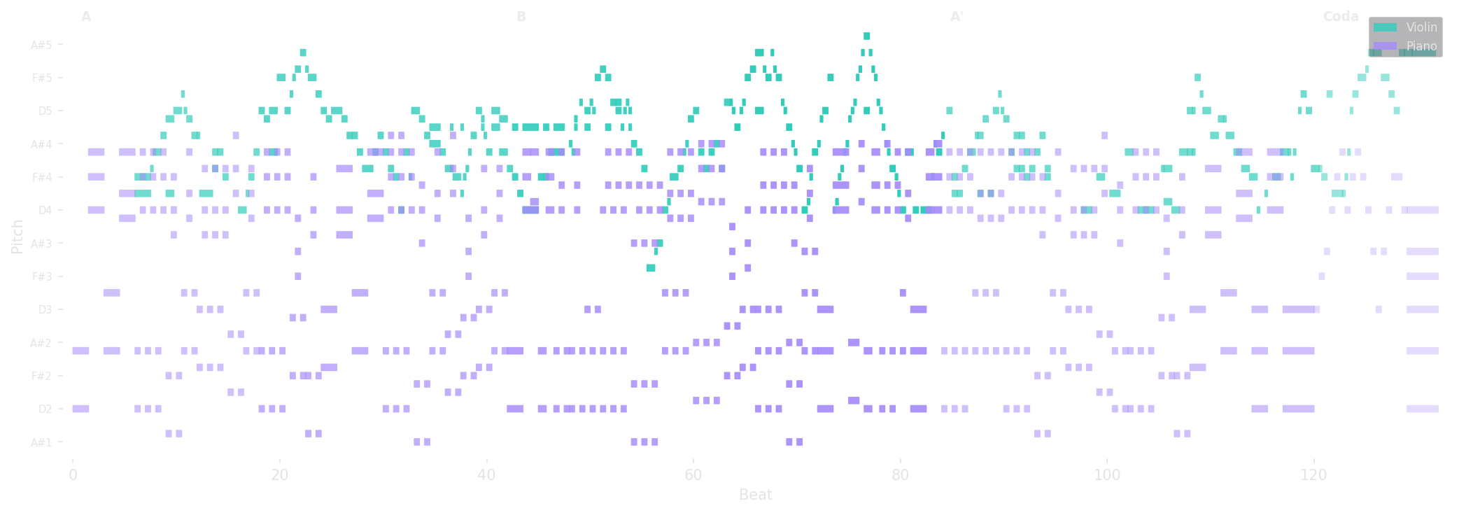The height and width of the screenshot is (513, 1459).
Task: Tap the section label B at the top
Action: tap(521, 16)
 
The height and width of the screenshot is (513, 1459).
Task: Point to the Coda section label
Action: tap(1341, 16)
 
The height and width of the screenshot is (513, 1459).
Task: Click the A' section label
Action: tap(957, 16)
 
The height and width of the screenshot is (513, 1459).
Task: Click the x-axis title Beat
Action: tap(756, 495)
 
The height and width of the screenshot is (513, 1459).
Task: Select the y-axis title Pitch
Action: tap(17, 236)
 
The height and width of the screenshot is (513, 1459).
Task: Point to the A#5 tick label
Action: tap(41, 45)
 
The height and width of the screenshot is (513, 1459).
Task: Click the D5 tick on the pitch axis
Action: tap(45, 111)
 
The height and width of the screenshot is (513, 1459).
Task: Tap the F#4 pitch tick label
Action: tap(42, 177)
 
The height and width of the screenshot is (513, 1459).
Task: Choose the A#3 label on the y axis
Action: tap(41, 244)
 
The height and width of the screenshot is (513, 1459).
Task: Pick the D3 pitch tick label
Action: tap(45, 309)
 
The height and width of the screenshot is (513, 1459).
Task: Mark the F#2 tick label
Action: tap(42, 376)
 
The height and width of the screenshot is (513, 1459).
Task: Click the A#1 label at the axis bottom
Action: tap(41, 442)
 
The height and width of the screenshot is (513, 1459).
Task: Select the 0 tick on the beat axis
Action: tap(73, 475)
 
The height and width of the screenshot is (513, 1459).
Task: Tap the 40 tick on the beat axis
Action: tap(486, 475)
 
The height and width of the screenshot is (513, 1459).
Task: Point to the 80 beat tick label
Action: tap(901, 475)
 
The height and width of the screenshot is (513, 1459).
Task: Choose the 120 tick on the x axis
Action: tap(1313, 475)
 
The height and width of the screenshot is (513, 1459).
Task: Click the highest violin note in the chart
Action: tap(867, 36)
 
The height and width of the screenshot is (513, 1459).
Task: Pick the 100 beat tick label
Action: tap(1107, 475)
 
